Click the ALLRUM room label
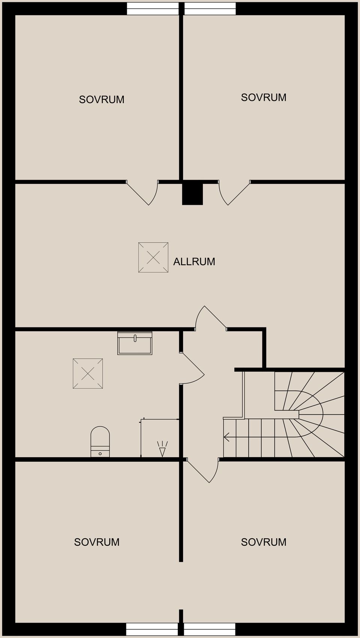194,261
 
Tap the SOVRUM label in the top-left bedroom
102,99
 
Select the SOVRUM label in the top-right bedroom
264,98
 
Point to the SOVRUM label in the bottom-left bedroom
97,542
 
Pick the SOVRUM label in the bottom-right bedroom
264,542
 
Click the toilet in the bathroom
100,442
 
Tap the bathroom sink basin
135,343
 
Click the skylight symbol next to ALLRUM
153,257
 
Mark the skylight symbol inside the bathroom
88,374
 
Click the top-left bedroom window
153,9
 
